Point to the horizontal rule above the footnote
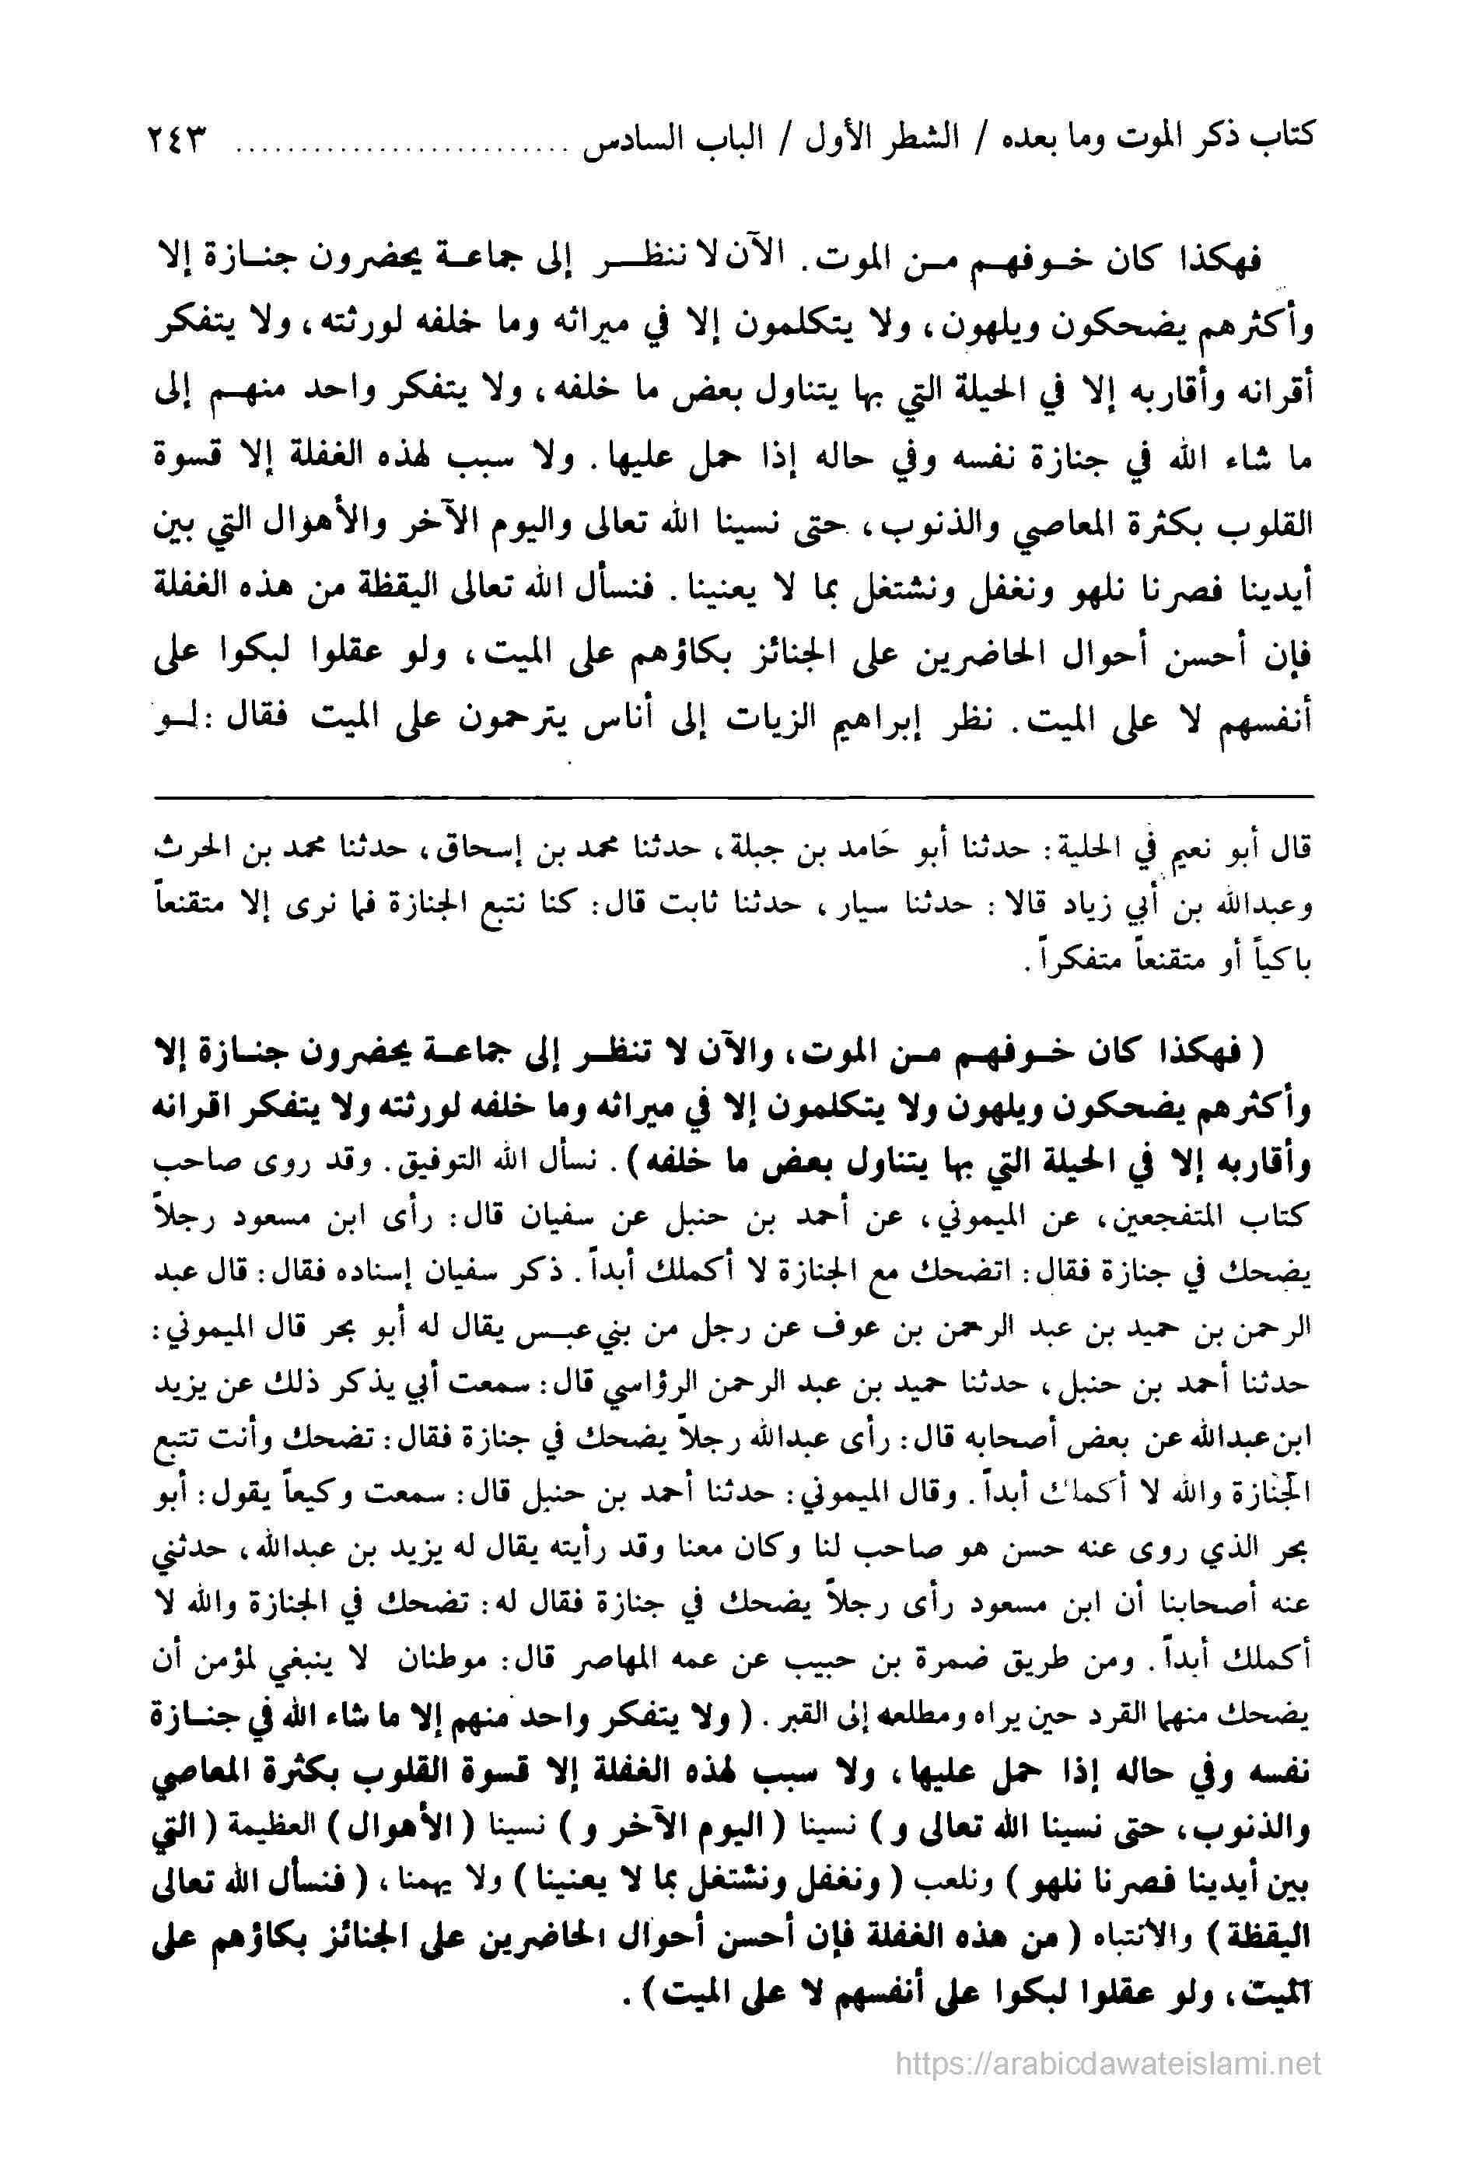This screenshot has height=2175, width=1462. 732,796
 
